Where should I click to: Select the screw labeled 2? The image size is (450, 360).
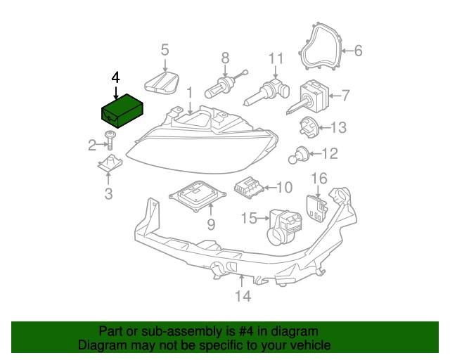[x=110, y=140]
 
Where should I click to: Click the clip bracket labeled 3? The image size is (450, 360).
[x=108, y=166]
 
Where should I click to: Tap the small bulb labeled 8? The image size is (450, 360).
[x=219, y=89]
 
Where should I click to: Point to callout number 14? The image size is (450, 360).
[x=242, y=297]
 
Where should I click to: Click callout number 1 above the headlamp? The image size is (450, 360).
[x=189, y=92]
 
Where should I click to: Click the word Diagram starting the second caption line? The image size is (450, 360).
[x=101, y=345]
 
